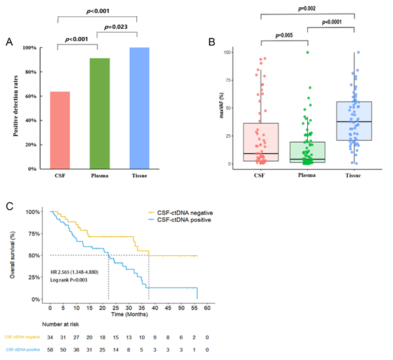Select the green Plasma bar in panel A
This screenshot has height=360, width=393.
100,113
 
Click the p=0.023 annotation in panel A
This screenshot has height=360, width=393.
117,27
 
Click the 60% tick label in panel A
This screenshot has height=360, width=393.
31,96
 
